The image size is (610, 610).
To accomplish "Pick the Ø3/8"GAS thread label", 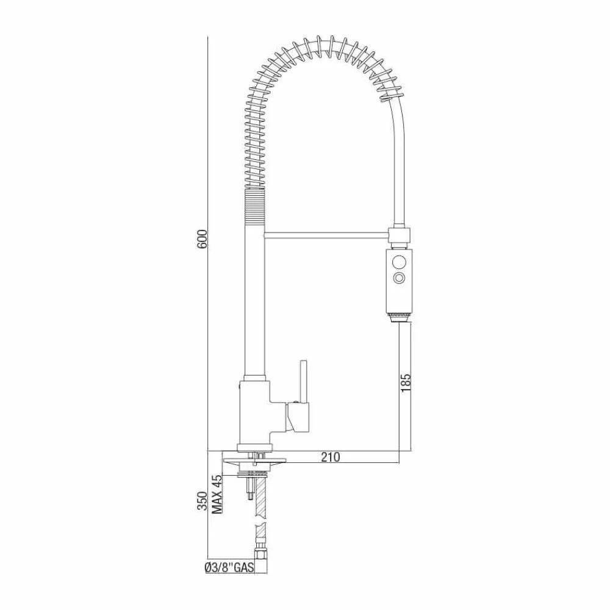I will click(229, 568).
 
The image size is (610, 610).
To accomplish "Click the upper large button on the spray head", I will click(400, 262).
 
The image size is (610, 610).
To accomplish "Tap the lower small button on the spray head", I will click(400, 279).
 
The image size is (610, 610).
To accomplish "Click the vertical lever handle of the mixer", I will click(303, 381).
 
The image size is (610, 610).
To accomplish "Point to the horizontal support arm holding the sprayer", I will click(326, 233).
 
